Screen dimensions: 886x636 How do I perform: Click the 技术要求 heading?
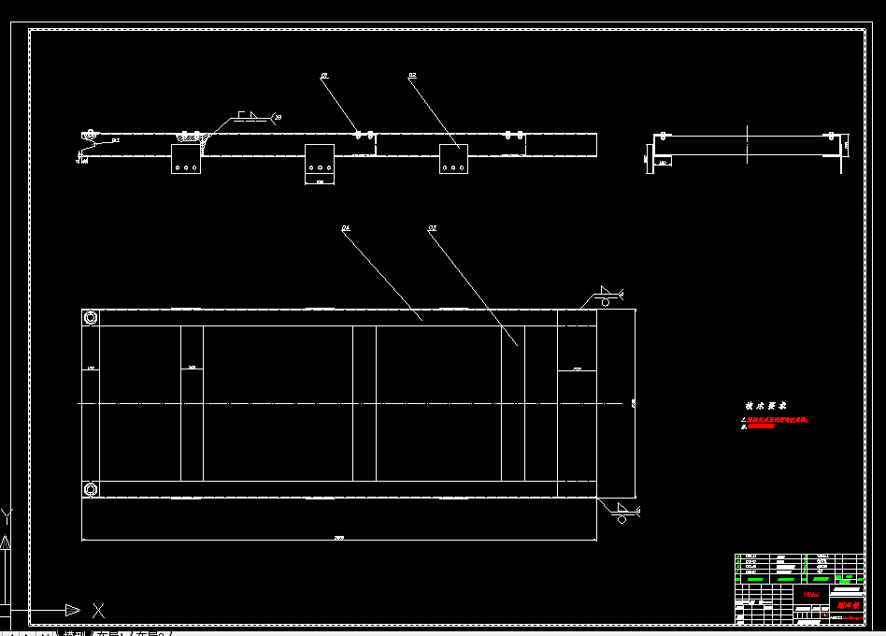[x=765, y=406]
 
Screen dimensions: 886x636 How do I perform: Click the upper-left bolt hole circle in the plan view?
[x=91, y=318]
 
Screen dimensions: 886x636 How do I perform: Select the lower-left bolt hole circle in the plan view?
[x=91, y=489]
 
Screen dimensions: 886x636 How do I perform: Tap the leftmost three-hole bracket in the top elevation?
[x=186, y=160]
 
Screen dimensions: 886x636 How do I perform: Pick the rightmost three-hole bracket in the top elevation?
[x=454, y=160]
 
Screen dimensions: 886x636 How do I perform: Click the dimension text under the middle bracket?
[x=320, y=181]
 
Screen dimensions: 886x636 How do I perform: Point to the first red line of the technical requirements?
[x=776, y=420]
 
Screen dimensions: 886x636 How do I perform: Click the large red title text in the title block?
[x=848, y=606]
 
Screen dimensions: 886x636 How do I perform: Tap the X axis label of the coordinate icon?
[x=98, y=611]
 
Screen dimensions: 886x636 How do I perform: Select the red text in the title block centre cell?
[x=810, y=594]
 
